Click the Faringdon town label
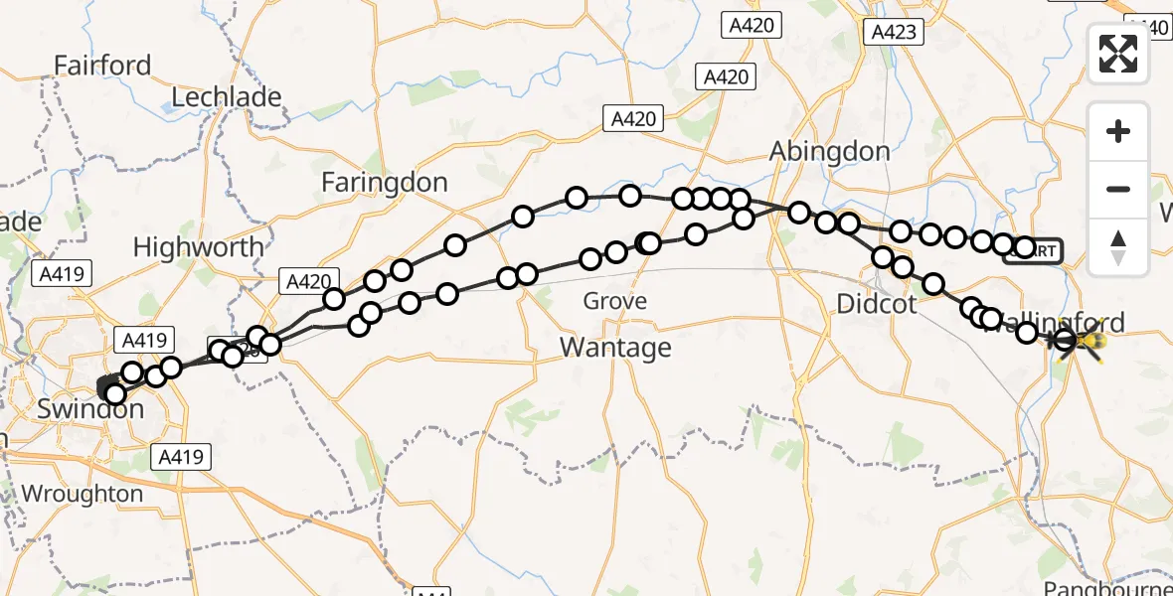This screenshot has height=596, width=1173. [x=385, y=183]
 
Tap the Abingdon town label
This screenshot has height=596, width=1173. [x=830, y=151]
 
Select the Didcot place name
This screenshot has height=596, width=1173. [x=877, y=304]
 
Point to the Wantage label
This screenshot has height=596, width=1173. [x=615, y=348]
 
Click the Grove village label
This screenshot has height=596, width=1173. [x=614, y=301]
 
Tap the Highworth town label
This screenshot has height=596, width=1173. [x=199, y=246]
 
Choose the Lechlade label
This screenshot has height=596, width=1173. [x=227, y=97]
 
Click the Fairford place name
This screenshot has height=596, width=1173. [x=102, y=66]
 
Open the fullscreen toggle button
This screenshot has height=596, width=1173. [x=1118, y=54]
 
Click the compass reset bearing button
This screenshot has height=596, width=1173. [x=1118, y=247]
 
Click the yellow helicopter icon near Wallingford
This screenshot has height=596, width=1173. [x=1089, y=344]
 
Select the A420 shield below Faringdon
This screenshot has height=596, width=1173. [x=307, y=282]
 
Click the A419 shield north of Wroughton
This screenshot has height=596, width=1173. [x=180, y=457]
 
